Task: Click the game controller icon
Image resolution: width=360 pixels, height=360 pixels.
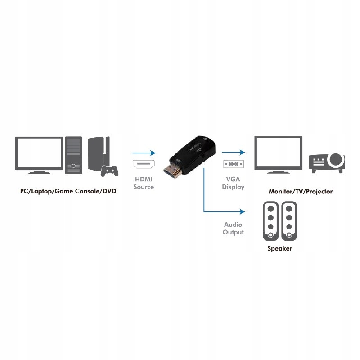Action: pos(109,171)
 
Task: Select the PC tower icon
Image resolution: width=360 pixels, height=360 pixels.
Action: pos(73,155)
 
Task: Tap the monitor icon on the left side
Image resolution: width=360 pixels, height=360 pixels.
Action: pos(39,155)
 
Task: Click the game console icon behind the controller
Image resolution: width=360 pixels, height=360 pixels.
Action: pos(98,153)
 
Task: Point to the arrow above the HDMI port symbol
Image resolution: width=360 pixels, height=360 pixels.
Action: pos(144,153)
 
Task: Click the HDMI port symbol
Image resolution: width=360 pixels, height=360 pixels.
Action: pos(144,164)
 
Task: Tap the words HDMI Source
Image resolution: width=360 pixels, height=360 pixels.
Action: pos(144,183)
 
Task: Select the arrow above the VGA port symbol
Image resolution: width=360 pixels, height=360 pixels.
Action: pos(234,152)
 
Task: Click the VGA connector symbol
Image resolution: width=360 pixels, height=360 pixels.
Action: pos(234,164)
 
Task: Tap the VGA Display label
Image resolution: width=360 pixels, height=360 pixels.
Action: pos(233,183)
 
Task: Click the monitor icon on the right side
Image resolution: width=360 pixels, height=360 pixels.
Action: pos(278,155)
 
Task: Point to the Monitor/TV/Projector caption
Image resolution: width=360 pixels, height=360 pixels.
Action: pos(301,192)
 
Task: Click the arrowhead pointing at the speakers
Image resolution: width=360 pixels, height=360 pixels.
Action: pos(243,211)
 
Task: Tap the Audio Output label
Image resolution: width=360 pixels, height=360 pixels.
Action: pos(233,229)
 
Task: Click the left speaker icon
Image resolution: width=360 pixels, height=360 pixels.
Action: pos(271,221)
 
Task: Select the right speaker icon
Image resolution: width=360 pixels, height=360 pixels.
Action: pos(289,221)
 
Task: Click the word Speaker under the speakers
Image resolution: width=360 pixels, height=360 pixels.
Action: pos(279,248)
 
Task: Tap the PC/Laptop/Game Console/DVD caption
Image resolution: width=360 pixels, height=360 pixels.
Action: pos(68,191)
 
